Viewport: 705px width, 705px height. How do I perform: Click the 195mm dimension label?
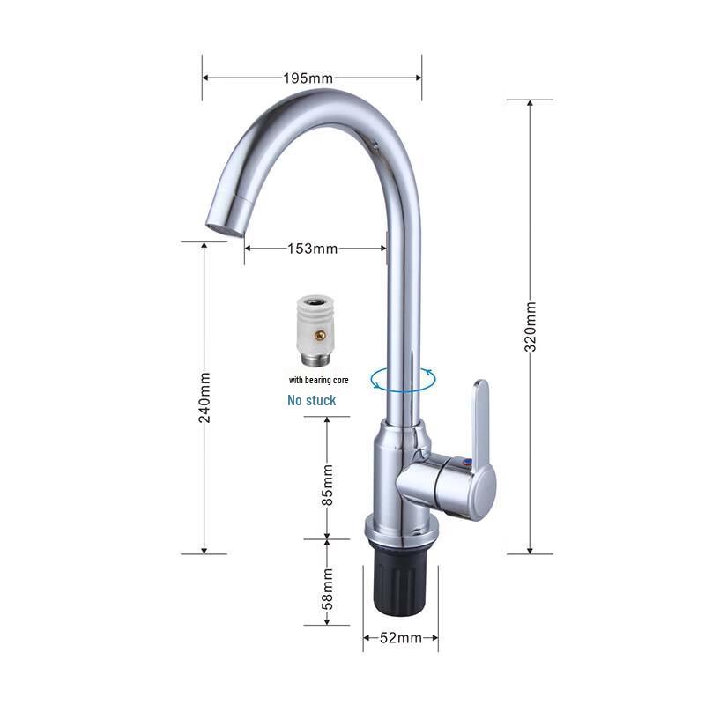tap(308, 78)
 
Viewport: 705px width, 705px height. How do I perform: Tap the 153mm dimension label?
tap(313, 249)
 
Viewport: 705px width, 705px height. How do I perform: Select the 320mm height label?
tap(531, 327)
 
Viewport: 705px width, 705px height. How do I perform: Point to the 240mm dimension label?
tap(204, 397)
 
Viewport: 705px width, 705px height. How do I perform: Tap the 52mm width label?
tap(400, 637)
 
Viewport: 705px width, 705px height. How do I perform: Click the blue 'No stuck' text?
tap(311, 400)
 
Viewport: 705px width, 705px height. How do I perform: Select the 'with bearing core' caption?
tap(312, 381)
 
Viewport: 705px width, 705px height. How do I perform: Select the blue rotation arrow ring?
tap(403, 380)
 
